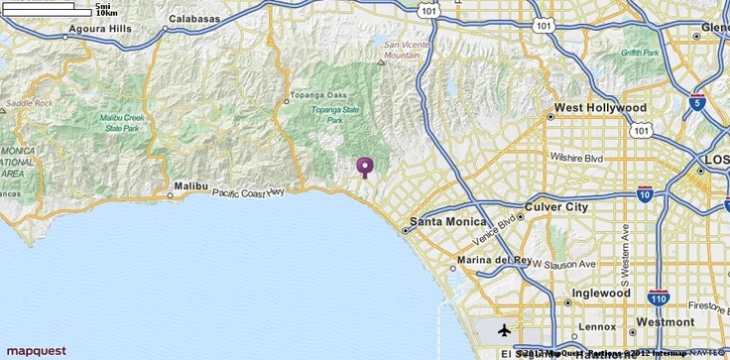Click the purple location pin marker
(x=365, y=166)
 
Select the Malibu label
(x=190, y=185)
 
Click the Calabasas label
(x=194, y=18)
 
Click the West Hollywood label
(x=600, y=107)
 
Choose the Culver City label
(x=556, y=207)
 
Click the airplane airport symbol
(x=506, y=328)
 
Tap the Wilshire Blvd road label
(x=578, y=158)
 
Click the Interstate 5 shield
(x=698, y=101)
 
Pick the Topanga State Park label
(x=335, y=115)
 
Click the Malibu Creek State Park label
(x=121, y=123)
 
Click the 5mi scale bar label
(x=103, y=6)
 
